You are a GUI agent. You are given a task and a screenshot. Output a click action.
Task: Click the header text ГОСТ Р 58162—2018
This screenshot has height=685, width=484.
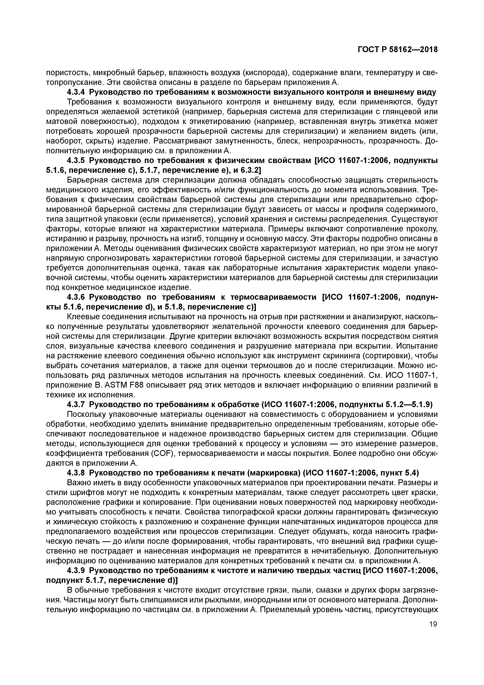[x=398, y=50]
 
